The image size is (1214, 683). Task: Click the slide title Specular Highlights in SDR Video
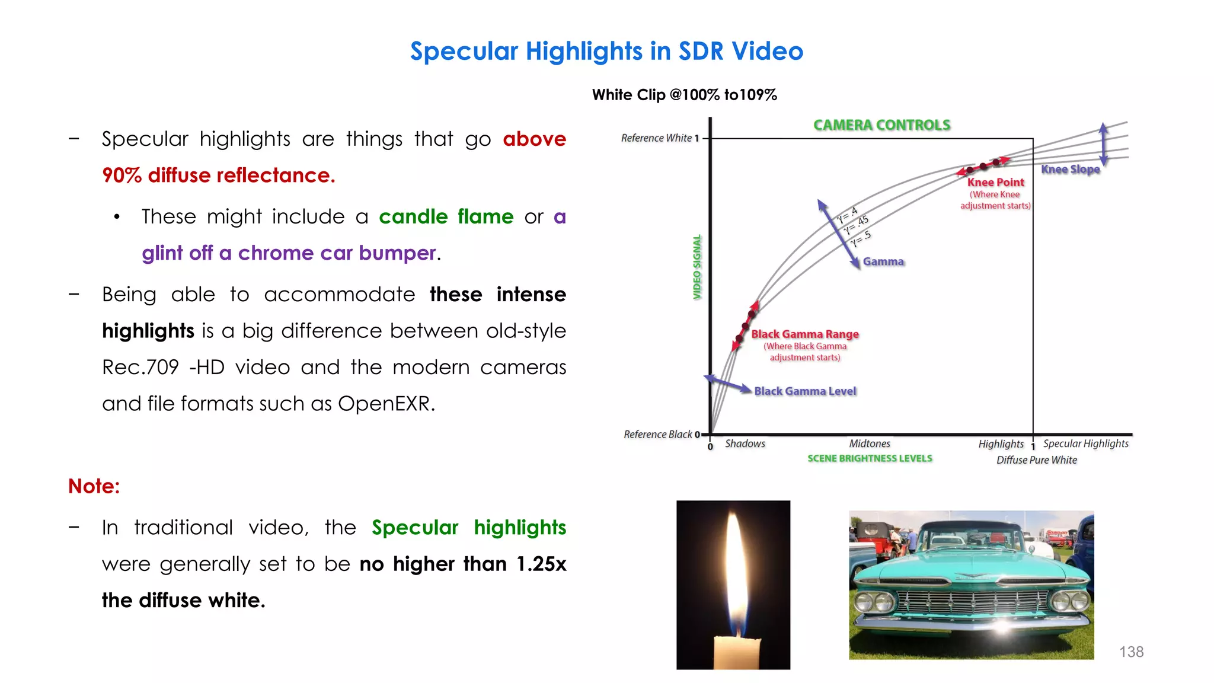(x=606, y=51)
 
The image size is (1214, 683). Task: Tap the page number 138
(x=1131, y=652)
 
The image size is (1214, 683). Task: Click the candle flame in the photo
(x=733, y=569)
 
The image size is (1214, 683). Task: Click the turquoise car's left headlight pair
(x=874, y=602)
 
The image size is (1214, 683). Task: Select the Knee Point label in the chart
(x=995, y=182)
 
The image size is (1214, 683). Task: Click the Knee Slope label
(x=1070, y=169)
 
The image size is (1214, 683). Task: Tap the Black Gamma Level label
(x=804, y=391)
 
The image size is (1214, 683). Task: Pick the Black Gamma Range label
(x=804, y=334)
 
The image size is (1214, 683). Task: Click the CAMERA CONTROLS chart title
(x=881, y=125)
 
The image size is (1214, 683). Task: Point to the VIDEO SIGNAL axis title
(x=697, y=267)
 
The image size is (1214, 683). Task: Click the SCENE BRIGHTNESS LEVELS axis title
(x=870, y=458)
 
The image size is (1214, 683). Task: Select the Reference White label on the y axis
(x=656, y=138)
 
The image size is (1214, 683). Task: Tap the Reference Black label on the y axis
(x=657, y=434)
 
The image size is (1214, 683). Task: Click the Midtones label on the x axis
(x=869, y=443)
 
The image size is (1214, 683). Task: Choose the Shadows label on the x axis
(x=745, y=443)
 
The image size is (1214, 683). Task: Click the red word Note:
(x=94, y=486)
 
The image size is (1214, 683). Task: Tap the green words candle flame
(x=446, y=216)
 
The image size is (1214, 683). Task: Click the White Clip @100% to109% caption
(x=684, y=95)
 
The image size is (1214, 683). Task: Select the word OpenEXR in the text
(x=385, y=404)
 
